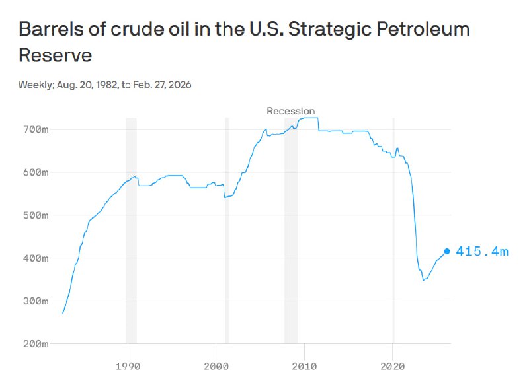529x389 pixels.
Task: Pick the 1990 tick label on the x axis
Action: tap(127, 365)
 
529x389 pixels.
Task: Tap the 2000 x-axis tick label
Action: tap(216, 365)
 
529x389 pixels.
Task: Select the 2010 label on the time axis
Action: tap(304, 365)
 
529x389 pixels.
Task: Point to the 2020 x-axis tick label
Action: tap(393, 365)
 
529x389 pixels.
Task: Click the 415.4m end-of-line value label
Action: tap(482, 252)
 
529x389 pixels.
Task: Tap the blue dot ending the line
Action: tap(447, 251)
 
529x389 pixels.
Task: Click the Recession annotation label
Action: tap(291, 111)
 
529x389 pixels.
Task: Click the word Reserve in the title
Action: tap(55, 55)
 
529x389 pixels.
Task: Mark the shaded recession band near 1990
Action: tap(131, 231)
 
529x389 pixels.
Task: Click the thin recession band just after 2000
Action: tap(227, 231)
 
